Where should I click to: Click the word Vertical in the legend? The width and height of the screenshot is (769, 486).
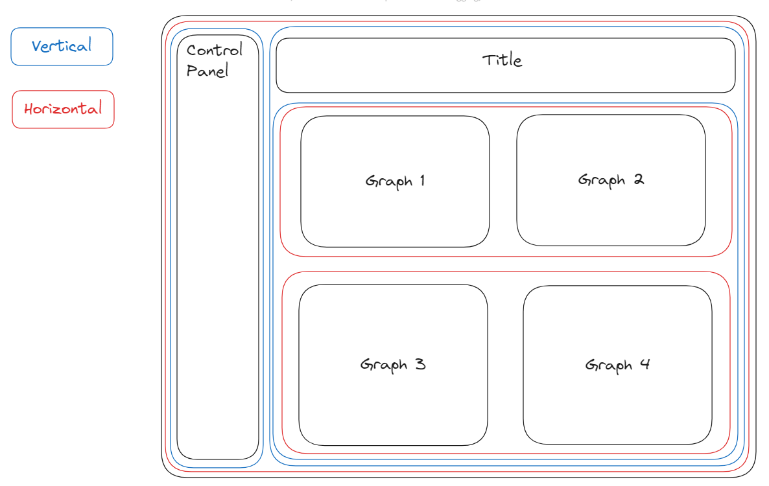click(x=62, y=46)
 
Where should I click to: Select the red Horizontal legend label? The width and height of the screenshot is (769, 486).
click(x=63, y=109)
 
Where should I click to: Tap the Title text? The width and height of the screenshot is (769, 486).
click(x=502, y=60)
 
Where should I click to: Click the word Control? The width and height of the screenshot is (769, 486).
click(x=214, y=50)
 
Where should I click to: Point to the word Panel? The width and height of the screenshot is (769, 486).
click(x=207, y=71)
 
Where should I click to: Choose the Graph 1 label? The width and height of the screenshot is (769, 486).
click(x=395, y=181)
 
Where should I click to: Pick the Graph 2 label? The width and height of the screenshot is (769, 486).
click(x=611, y=179)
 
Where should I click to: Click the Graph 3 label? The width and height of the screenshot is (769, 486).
click(x=393, y=364)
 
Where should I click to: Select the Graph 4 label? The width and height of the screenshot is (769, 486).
click(x=617, y=365)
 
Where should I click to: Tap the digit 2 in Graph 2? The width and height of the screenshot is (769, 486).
click(x=639, y=179)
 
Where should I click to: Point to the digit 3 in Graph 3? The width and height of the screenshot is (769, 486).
click(x=420, y=364)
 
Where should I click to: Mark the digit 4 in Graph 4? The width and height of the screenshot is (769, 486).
click(x=645, y=364)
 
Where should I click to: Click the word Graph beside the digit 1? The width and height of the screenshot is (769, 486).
click(x=389, y=181)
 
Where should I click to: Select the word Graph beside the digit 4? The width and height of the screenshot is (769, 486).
click(x=609, y=366)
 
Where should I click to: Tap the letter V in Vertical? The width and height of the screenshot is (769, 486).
click(x=37, y=47)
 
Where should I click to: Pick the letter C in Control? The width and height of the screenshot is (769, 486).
click(x=192, y=50)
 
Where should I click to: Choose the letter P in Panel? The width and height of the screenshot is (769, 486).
click(x=192, y=71)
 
